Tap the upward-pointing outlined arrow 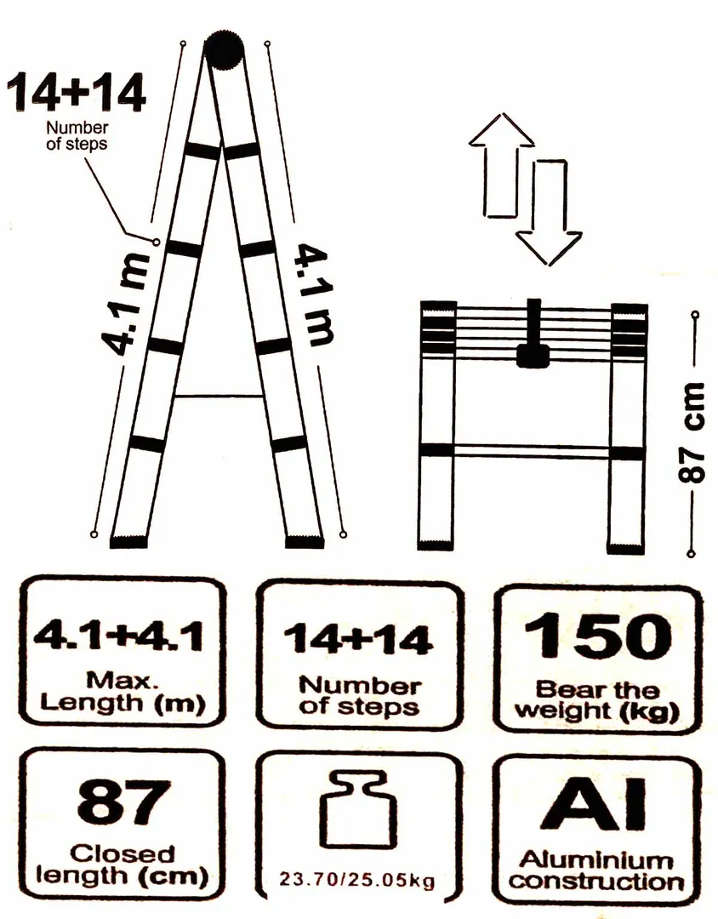[501, 165]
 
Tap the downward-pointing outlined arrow [550, 211]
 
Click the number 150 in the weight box [598, 636]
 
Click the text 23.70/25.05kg [357, 880]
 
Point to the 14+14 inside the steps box [359, 639]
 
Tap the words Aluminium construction [596, 871]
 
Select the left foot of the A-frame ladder [128, 542]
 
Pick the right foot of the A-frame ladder [305, 541]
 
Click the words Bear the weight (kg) [596, 699]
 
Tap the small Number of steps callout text [77, 135]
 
